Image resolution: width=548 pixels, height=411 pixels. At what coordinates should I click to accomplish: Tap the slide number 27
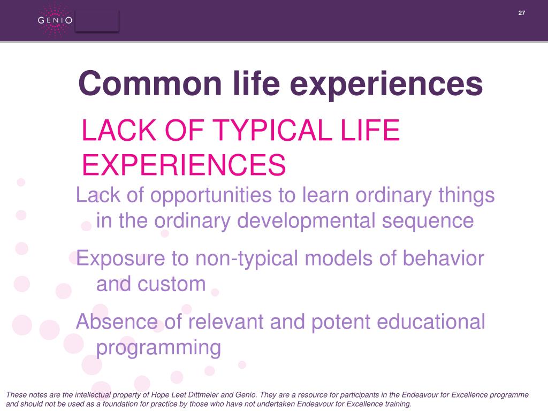tap(521, 13)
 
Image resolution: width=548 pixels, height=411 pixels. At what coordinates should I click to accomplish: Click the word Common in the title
tap(150, 83)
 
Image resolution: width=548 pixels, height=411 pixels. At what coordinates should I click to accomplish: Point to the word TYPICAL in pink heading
tap(271, 130)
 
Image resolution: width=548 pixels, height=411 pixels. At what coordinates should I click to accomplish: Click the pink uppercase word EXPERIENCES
tap(184, 165)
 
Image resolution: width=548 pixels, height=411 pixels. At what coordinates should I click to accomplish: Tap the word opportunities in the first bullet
tap(211, 196)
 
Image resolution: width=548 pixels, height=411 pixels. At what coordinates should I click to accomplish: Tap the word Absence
tap(117, 322)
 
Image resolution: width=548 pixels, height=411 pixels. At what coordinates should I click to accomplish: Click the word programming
tap(158, 348)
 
